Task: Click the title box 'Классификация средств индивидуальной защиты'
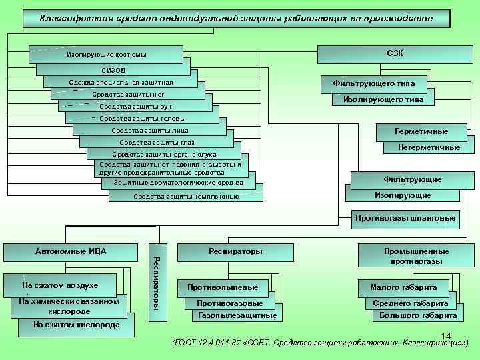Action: (x=236, y=17)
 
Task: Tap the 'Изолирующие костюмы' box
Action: (x=107, y=54)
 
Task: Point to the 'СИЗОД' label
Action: (x=113, y=69)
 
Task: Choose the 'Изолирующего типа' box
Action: (x=383, y=99)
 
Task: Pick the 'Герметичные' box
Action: (x=421, y=131)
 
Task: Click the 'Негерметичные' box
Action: (x=428, y=147)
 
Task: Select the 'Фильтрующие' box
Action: (x=412, y=179)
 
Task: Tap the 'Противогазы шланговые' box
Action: (x=405, y=217)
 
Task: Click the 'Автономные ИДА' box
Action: (x=71, y=251)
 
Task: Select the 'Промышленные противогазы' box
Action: (x=416, y=256)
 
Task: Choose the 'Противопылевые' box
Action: (x=223, y=287)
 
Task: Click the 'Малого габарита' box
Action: (x=408, y=287)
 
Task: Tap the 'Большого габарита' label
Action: (x=418, y=315)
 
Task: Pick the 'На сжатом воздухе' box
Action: (x=60, y=285)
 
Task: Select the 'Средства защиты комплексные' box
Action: (x=186, y=196)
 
